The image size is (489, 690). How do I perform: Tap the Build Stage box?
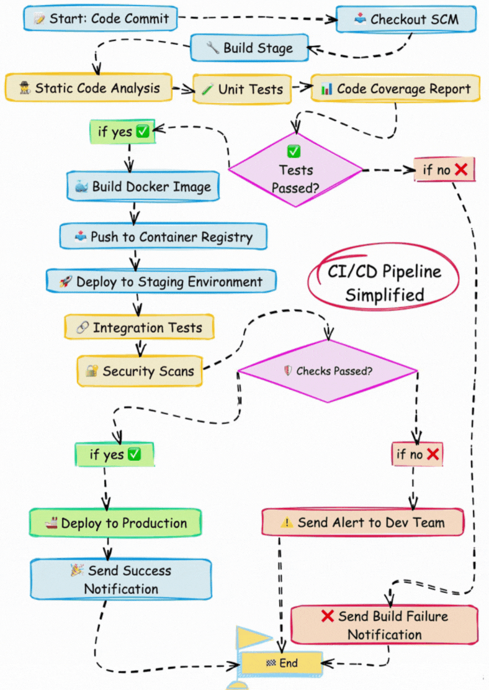(x=250, y=48)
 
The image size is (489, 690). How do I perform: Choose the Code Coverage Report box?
(x=396, y=89)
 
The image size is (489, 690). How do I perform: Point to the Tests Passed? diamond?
(x=296, y=169)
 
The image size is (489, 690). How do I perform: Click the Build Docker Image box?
(x=143, y=187)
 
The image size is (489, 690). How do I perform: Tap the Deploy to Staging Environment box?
(x=161, y=281)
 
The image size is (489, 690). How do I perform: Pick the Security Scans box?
(x=140, y=371)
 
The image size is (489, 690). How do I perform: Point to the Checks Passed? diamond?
(x=328, y=371)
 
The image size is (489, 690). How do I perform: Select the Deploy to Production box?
(x=116, y=523)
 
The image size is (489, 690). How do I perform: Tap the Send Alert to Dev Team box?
(x=363, y=522)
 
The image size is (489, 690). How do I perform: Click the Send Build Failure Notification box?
(x=385, y=625)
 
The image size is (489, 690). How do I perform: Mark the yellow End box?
(x=282, y=663)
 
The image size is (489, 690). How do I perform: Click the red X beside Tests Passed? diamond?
(x=460, y=169)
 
